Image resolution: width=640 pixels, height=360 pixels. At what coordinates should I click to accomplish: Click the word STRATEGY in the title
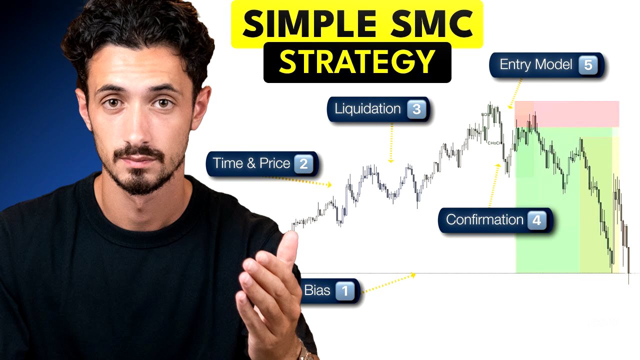click(357, 62)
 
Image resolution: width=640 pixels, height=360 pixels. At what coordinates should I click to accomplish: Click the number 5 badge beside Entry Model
click(588, 65)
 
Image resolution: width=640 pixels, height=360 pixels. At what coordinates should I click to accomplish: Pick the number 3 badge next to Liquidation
click(416, 109)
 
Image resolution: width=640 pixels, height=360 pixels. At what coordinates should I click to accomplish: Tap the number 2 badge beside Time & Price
click(303, 164)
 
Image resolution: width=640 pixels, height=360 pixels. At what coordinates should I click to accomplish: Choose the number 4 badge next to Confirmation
click(536, 220)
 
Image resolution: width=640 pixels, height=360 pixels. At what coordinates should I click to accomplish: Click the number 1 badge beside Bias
click(344, 290)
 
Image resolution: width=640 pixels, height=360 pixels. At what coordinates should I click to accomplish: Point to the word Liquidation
click(367, 109)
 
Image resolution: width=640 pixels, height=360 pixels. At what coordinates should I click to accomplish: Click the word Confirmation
click(484, 220)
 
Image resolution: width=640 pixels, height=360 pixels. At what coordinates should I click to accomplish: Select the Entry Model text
click(536, 65)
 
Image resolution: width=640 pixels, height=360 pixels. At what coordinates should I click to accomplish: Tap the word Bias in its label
click(317, 290)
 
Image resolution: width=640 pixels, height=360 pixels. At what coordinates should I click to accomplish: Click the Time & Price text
click(251, 163)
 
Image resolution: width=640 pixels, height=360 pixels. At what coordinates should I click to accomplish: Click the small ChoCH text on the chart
click(494, 143)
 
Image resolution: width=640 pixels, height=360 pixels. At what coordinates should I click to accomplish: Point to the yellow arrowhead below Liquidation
click(391, 160)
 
